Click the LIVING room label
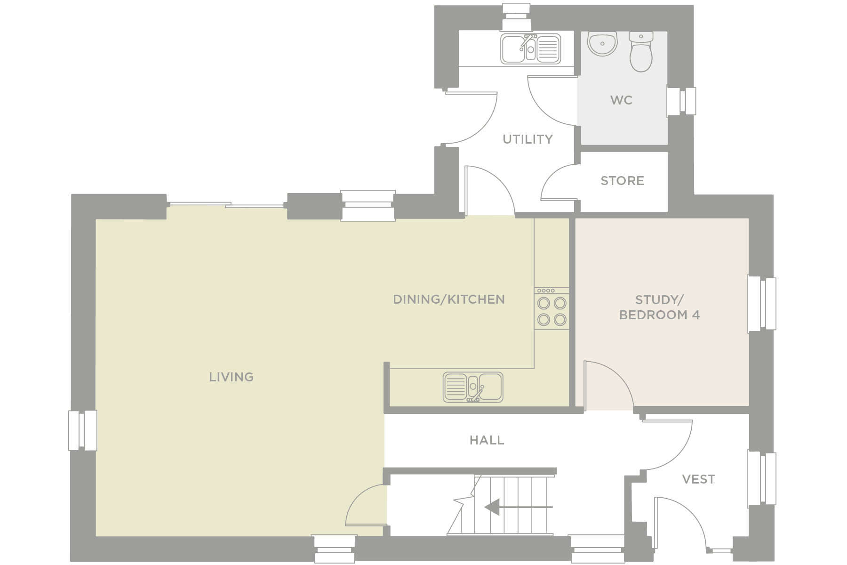click(x=231, y=377)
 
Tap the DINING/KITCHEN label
click(x=449, y=299)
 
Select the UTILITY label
click(x=527, y=139)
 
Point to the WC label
click(x=621, y=100)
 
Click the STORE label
click(x=622, y=181)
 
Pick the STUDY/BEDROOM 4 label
click(x=659, y=307)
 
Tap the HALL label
click(x=487, y=440)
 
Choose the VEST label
click(x=698, y=479)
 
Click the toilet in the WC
click(x=641, y=52)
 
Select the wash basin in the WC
click(x=602, y=44)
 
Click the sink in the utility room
click(x=530, y=48)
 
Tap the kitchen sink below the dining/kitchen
click(x=473, y=387)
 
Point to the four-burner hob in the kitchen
click(x=551, y=308)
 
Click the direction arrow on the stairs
click(x=518, y=507)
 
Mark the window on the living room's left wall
click(x=83, y=430)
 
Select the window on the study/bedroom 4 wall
click(x=762, y=304)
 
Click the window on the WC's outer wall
click(x=681, y=101)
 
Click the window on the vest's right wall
click(x=762, y=478)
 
